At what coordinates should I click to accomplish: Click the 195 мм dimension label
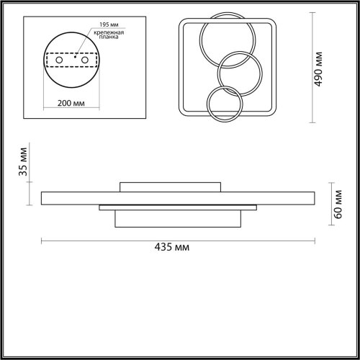point(109,24)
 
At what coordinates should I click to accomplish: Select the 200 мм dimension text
point(71,103)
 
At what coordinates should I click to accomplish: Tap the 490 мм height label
point(318,69)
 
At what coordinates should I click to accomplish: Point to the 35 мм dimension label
point(23,162)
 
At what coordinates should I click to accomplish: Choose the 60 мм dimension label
point(338,204)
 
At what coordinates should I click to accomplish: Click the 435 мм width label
point(172,247)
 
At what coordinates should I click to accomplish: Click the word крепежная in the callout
point(109,32)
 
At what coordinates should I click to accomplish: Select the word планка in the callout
point(109,37)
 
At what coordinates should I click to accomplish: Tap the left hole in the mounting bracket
point(59,60)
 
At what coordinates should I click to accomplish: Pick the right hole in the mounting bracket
point(85,60)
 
